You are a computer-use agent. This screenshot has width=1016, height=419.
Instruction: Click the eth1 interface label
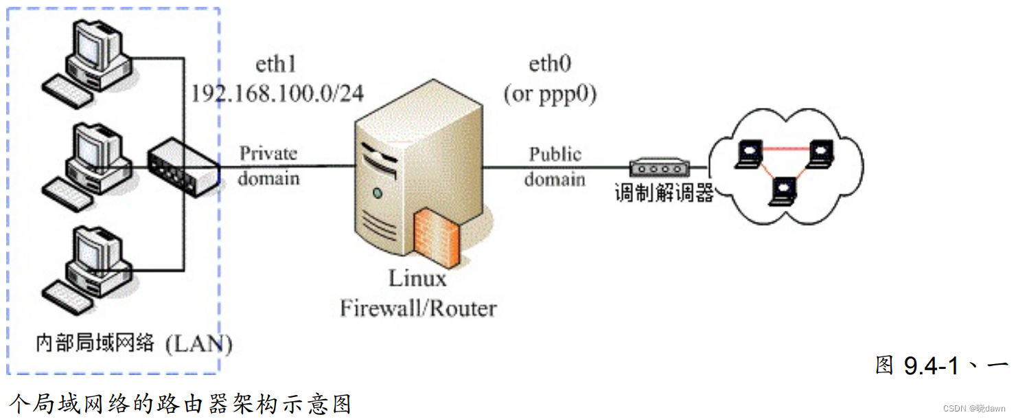(276, 64)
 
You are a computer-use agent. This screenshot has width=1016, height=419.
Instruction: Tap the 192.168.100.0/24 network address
(277, 93)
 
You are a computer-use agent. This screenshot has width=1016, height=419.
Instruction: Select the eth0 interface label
(550, 64)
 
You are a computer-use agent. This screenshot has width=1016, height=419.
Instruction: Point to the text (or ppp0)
(550, 94)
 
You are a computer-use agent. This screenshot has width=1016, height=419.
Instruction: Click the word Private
(268, 153)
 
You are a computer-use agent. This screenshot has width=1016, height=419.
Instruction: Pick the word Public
(555, 155)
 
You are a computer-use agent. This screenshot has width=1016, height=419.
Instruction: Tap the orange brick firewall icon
(437, 237)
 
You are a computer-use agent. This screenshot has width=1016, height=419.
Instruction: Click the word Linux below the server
(417, 278)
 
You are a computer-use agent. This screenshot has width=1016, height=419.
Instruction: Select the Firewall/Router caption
(418, 308)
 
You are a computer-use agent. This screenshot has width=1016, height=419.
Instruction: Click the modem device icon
(660, 167)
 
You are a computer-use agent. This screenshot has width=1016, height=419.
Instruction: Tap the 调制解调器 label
(664, 193)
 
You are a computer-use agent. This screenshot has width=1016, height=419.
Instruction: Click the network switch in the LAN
(183, 167)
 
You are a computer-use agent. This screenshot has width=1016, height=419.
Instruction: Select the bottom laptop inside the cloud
(783, 191)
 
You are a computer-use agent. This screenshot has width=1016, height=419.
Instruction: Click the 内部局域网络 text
(95, 342)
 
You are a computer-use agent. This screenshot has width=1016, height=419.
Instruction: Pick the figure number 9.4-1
(931, 365)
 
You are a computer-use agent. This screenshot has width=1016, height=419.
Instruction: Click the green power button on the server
(378, 194)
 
